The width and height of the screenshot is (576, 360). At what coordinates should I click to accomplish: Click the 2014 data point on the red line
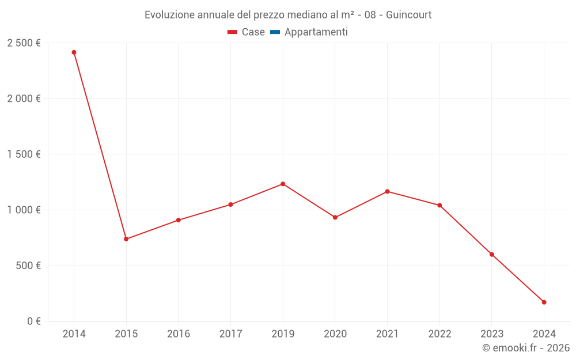click(74, 52)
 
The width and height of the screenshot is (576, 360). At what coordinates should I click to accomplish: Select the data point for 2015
click(126, 239)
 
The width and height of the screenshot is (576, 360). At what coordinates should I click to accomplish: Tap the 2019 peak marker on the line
click(283, 184)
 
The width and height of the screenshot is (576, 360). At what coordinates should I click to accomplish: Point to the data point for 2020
click(335, 217)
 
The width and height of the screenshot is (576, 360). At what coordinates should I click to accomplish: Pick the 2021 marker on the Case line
click(387, 191)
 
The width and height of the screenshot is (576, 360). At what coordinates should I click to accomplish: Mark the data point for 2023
click(492, 255)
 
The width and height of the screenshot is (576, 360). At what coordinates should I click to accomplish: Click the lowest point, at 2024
click(544, 302)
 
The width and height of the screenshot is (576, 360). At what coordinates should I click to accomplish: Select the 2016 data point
click(179, 220)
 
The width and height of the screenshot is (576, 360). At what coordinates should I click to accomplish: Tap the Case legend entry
click(247, 32)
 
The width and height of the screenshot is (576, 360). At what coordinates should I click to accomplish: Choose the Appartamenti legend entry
click(309, 32)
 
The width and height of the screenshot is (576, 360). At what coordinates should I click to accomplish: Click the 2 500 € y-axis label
click(24, 43)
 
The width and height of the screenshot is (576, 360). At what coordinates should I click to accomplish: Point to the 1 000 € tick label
click(24, 210)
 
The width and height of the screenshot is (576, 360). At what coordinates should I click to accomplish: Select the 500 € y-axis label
click(27, 266)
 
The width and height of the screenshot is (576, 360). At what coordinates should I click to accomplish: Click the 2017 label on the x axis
click(230, 334)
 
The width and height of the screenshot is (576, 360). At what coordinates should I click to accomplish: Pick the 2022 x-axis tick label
click(439, 334)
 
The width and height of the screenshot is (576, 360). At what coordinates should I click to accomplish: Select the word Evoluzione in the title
click(169, 15)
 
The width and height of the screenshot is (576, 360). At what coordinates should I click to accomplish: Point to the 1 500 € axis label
click(24, 154)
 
